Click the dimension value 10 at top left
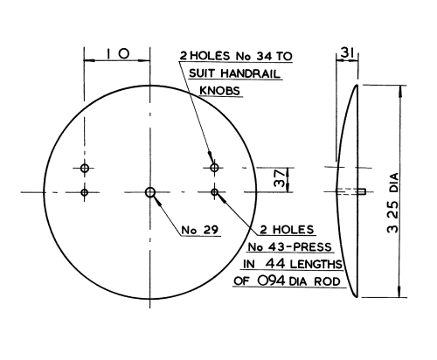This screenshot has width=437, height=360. [118, 54]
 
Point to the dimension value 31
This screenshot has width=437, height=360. [347, 53]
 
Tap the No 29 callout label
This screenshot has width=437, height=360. [200, 230]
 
